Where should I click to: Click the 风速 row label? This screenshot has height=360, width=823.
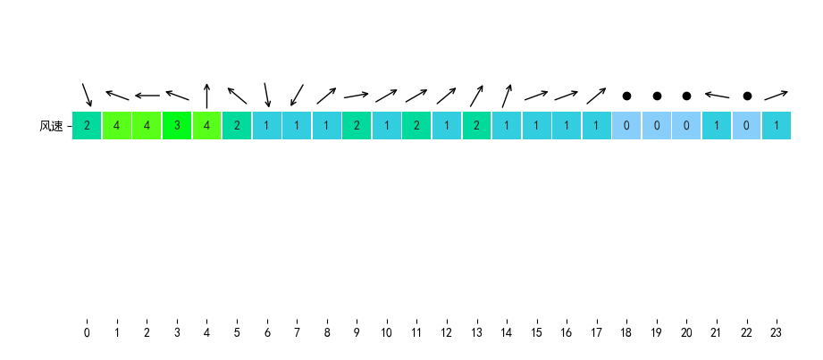[51, 126]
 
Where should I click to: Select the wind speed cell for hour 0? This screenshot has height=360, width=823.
[87, 126]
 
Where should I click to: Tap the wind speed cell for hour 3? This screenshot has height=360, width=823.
[177, 126]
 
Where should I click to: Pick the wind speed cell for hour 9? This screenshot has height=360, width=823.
[357, 126]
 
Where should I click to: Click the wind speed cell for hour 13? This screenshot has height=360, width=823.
[476, 126]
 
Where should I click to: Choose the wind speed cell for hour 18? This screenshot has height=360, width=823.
[626, 126]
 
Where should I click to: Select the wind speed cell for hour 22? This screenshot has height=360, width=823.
[746, 126]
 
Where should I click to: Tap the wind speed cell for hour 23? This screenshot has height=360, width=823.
[777, 126]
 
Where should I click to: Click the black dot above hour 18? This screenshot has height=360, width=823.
[626, 96]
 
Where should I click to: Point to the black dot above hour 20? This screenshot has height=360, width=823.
[686, 96]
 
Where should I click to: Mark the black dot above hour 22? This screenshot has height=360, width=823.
[747, 96]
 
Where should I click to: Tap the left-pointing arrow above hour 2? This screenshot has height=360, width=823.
[147, 96]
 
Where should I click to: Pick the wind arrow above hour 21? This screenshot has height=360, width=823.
[717, 95]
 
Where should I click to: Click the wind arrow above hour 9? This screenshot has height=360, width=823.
[357, 95]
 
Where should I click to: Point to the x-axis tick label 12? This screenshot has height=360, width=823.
[447, 333]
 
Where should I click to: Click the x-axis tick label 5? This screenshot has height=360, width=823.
[237, 333]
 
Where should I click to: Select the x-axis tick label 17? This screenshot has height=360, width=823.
[596, 333]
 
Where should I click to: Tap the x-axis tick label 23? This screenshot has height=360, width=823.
[777, 333]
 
